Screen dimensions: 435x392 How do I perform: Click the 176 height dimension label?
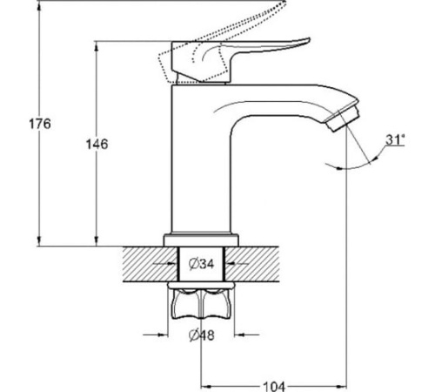pos(40,124)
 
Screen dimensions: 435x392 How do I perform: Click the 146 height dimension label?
pos(97,144)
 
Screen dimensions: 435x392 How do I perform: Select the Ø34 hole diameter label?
pos(201,264)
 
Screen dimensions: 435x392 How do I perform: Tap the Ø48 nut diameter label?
pos(202,335)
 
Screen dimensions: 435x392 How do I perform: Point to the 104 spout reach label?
pos(274,387)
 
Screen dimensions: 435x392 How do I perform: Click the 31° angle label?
pos(395,139)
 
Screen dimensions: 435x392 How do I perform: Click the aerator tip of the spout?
pos(343,119)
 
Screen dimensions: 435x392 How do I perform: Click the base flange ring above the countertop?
pos(201,240)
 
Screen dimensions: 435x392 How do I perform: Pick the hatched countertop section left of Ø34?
pos(151,264)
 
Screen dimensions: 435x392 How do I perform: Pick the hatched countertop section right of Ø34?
pos(251,264)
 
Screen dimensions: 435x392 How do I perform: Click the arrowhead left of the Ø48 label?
pos(163,335)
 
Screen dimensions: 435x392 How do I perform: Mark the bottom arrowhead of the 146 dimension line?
pos(97,240)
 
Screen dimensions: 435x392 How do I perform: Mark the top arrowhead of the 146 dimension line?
pos(97,47)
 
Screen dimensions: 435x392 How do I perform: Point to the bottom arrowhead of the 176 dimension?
pos(39,240)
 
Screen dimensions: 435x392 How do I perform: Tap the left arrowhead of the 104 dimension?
pos(206,387)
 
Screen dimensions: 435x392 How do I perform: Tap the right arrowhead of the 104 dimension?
pos(341,387)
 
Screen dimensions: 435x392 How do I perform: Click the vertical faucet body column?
pos(201,159)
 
